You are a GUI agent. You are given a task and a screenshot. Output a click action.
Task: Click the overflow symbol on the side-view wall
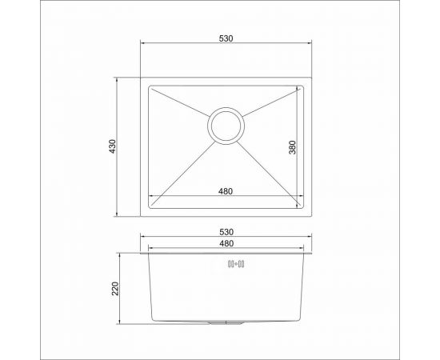coord(238,264)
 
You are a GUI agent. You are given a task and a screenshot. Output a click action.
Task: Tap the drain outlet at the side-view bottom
coord(226,322)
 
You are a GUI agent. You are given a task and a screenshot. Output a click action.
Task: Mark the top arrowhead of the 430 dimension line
coord(119,80)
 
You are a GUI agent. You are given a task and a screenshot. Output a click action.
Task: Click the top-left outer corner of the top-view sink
coord(143,78)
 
